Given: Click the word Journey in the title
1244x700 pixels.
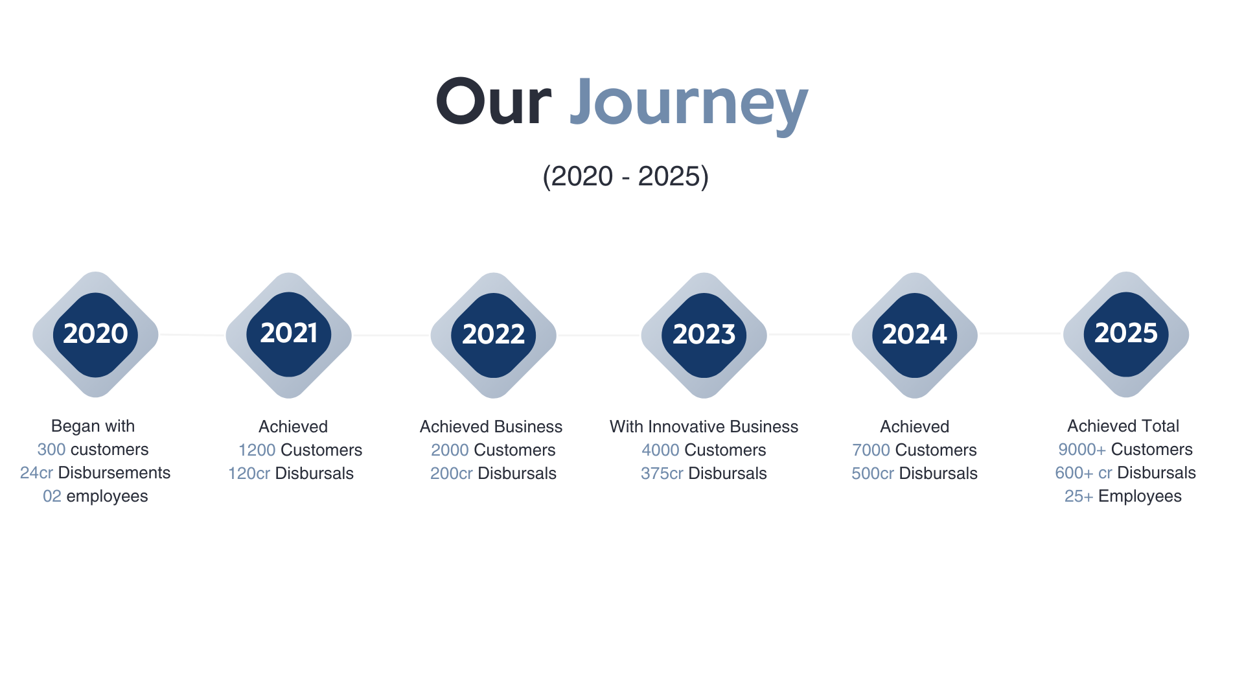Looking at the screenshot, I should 688,102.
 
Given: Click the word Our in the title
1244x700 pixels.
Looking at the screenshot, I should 494,102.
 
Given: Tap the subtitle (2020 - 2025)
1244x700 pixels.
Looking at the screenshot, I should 625,176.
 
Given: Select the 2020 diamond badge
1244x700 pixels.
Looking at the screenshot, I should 95,334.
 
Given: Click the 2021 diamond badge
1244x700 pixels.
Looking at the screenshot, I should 289,334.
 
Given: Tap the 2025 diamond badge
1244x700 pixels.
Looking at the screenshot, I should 1125,334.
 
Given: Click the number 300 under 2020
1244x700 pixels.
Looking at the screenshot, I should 51,449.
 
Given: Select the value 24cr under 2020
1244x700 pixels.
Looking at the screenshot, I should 36,472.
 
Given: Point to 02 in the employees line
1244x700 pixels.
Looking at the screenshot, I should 52,496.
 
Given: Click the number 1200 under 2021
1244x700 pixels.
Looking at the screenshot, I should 257,450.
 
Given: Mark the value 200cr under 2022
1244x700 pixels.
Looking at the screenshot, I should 451,473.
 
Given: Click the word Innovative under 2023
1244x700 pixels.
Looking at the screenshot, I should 694,426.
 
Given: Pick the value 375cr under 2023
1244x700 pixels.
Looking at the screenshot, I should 662,473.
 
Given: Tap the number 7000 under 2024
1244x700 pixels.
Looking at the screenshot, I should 871,450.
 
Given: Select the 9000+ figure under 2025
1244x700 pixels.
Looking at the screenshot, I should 1081,449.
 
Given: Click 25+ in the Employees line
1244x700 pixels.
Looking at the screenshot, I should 1078,496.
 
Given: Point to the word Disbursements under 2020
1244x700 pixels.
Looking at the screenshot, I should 114,472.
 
